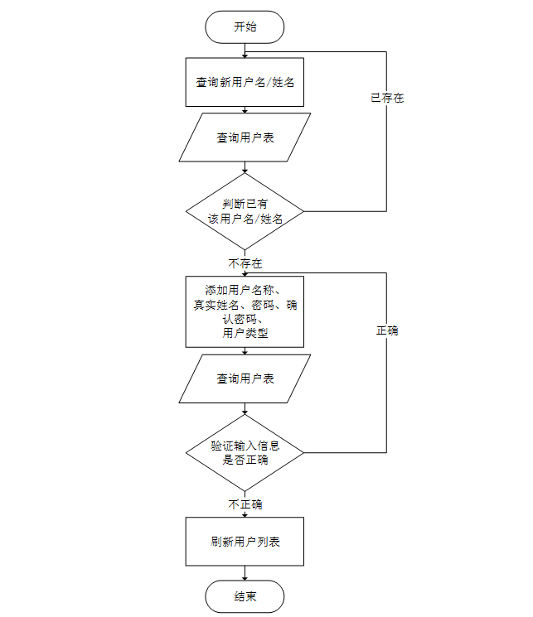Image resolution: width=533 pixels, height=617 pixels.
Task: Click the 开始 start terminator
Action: (x=245, y=27)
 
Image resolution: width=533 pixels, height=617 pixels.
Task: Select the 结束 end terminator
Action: (x=245, y=596)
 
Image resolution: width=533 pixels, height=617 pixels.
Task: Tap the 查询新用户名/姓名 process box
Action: (x=245, y=82)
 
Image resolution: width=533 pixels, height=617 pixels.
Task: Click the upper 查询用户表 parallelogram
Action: (x=245, y=137)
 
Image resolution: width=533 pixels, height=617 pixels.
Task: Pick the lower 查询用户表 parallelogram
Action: (x=245, y=378)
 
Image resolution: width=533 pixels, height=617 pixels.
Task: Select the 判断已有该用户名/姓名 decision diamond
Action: (x=245, y=210)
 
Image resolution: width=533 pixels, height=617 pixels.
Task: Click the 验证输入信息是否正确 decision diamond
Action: (x=245, y=452)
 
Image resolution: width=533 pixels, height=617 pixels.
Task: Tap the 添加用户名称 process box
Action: (x=245, y=311)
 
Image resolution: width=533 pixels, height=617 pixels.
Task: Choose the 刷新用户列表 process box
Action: (x=245, y=542)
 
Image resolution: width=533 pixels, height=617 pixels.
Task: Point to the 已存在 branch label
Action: (x=386, y=98)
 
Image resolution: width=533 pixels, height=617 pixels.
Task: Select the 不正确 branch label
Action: (x=245, y=504)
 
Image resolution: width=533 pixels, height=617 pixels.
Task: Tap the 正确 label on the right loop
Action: (x=386, y=330)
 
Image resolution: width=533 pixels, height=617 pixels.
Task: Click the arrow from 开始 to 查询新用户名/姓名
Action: (x=245, y=50)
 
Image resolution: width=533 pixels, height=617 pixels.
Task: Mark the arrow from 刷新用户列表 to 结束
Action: (x=245, y=573)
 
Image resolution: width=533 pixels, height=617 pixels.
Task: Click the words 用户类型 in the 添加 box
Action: (x=245, y=333)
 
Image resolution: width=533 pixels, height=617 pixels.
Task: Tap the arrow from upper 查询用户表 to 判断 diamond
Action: (x=245, y=167)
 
